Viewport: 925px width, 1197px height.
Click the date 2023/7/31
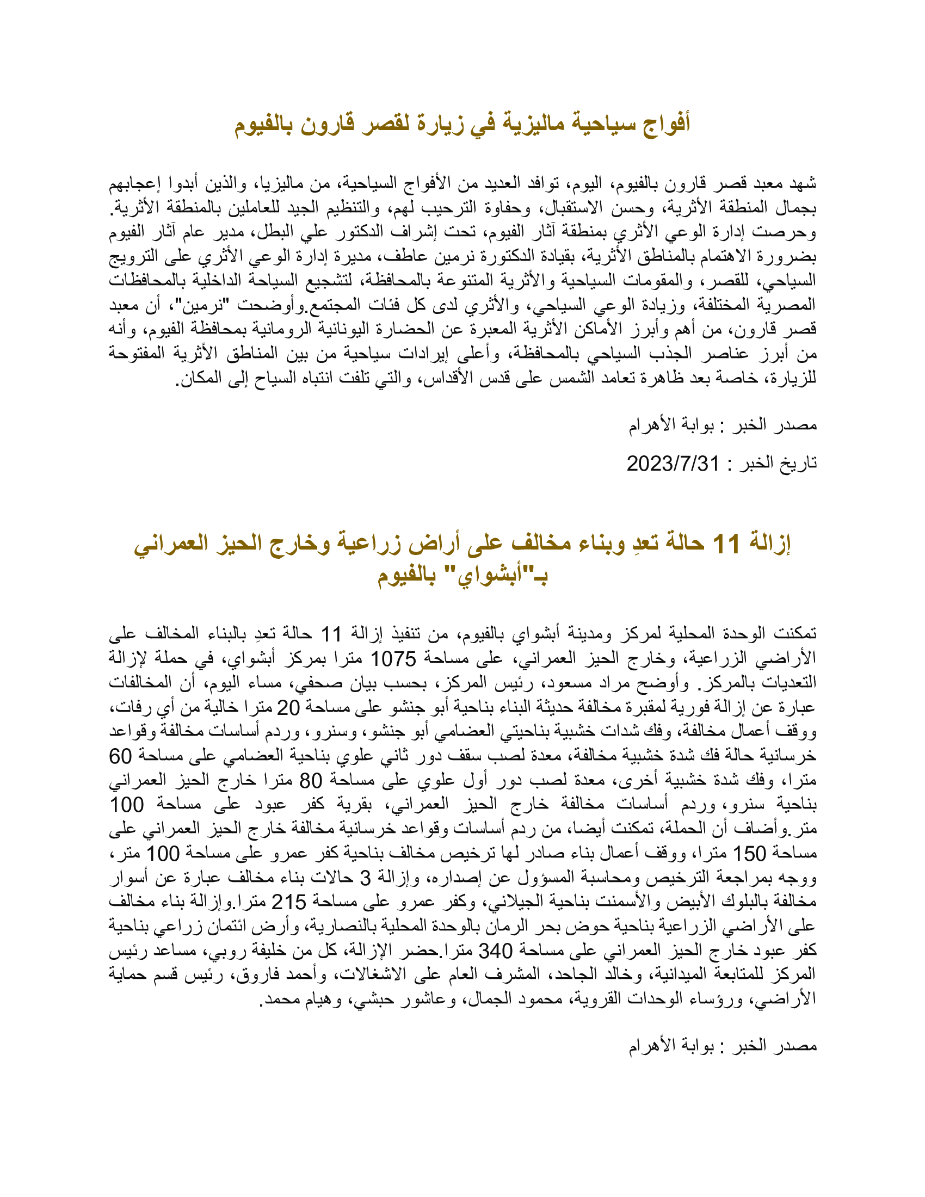[673, 464]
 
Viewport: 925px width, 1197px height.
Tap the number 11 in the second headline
[726, 544]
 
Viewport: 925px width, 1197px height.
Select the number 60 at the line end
[121, 756]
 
